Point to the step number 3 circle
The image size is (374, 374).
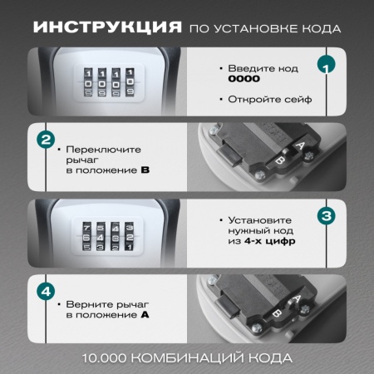(327, 216)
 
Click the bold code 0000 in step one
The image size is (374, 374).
(244, 79)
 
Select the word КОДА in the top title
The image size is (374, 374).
(320, 28)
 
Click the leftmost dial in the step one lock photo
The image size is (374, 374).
(87, 84)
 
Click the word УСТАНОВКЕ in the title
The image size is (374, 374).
(255, 28)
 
